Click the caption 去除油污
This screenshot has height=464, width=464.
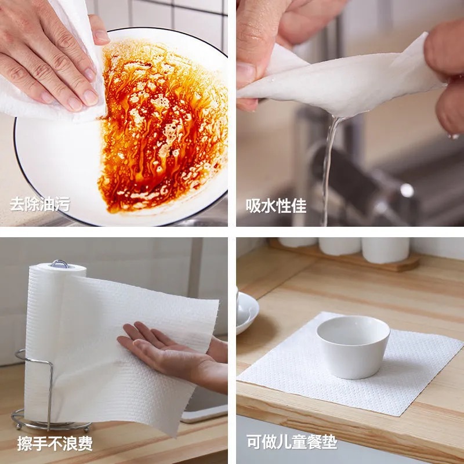click(x=40, y=204)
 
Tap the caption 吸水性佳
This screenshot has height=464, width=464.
click(x=276, y=205)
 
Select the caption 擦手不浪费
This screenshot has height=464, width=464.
click(x=55, y=444)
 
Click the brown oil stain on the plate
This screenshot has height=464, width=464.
click(x=165, y=128)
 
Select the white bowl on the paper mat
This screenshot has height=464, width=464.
click(x=353, y=346)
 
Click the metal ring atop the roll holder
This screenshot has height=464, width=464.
click(x=59, y=264)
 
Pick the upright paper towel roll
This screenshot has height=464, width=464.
click(x=43, y=336)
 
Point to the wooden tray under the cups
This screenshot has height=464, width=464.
click(x=348, y=261)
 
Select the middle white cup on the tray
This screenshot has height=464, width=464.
click(x=339, y=246)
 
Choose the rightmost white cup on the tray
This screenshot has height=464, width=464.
click(x=385, y=249)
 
